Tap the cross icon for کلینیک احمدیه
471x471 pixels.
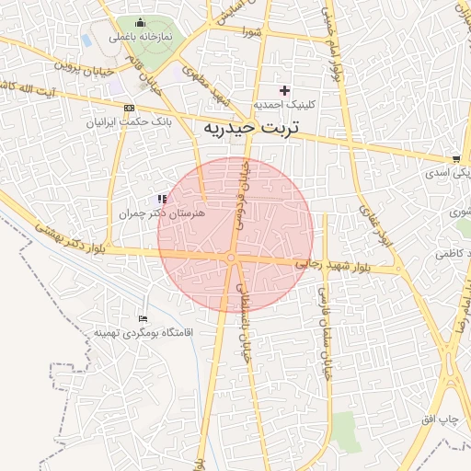284,90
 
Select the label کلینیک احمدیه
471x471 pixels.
284,104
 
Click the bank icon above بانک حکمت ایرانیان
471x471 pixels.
129,108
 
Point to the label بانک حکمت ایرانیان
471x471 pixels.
128,121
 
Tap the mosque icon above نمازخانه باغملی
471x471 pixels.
140,23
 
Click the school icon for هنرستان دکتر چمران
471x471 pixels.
162,199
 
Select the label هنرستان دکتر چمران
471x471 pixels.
161,213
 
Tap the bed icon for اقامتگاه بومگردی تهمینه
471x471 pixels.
141,317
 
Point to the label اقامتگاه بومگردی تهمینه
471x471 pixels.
141,331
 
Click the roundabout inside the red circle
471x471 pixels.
230,258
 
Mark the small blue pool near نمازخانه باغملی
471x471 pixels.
86,40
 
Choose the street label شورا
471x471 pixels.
253,32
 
